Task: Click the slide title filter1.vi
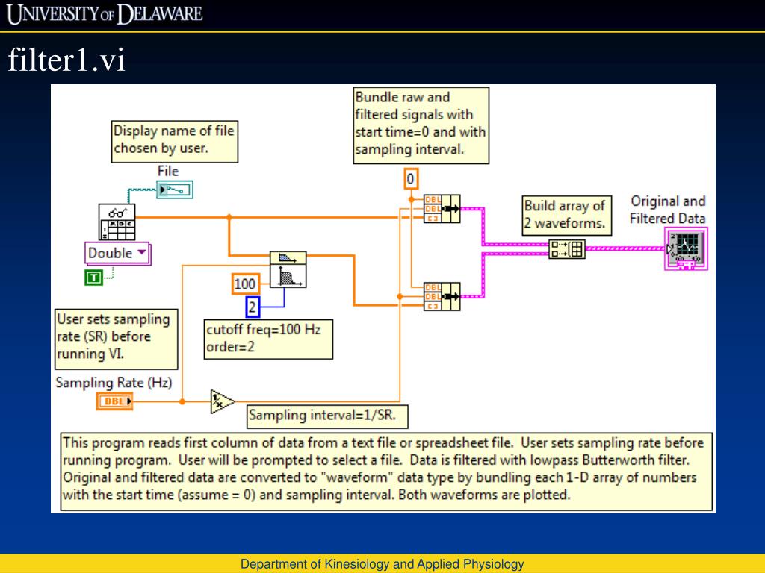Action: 66,61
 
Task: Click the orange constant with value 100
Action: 244,284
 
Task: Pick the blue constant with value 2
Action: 253,306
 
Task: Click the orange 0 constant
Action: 410,179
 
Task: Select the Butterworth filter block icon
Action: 287,269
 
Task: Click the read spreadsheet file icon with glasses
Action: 117,221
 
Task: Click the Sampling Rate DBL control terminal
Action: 115,402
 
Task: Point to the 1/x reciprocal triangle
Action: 221,401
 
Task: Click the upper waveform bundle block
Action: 442,209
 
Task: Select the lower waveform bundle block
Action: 442,296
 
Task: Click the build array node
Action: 567,249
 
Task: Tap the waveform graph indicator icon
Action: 687,249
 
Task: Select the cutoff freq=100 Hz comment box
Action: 268,338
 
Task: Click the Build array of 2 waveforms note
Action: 566,213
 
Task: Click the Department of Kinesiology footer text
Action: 382,564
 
